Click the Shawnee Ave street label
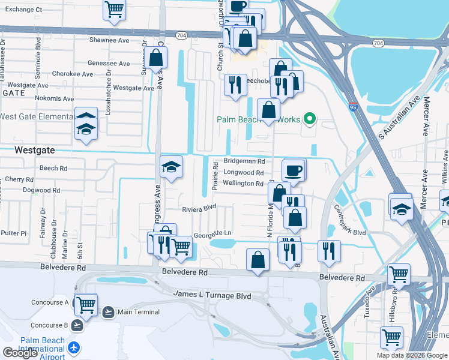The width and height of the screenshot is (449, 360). click(109, 40)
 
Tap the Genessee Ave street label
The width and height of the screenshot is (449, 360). click(109, 63)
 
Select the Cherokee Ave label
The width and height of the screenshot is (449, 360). click(72, 74)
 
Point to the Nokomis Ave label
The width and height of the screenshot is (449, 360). click(54, 98)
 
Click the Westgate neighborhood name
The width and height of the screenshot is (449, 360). click(34, 150)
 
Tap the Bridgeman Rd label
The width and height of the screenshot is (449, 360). click(244, 161)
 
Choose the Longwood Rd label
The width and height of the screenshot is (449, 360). click(243, 172)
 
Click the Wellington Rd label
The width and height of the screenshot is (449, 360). click(243, 184)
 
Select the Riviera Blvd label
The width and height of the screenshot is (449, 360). click(199, 209)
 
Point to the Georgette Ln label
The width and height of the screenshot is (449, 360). click(212, 233)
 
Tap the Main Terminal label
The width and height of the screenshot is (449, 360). click(139, 312)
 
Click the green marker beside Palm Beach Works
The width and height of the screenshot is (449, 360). click(310, 119)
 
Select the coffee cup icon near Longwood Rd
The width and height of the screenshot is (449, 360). click(294, 170)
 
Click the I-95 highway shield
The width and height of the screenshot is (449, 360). click(352, 107)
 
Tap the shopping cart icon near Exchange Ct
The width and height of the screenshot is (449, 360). click(114, 9)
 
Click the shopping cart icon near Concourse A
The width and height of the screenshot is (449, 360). click(86, 305)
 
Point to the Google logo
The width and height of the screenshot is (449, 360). click(20, 353)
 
